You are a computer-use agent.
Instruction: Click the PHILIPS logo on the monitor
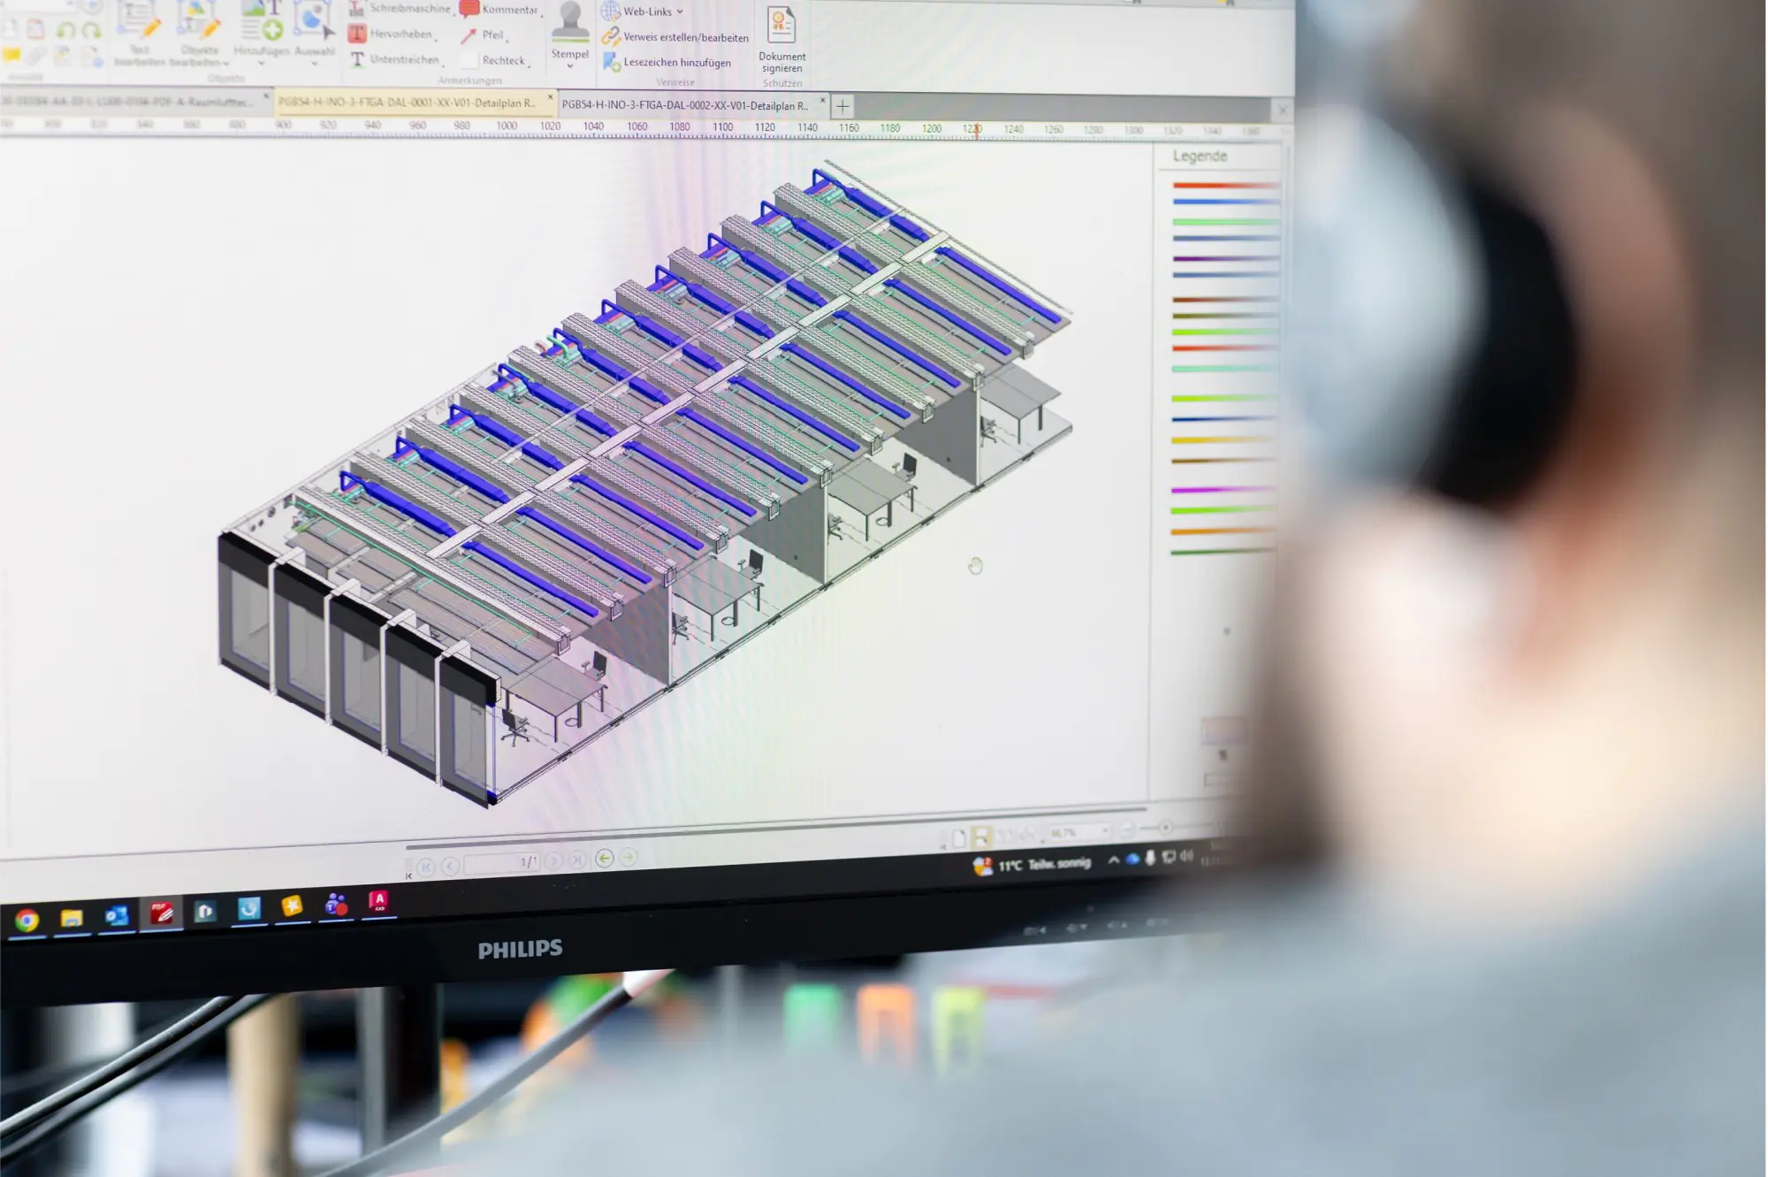520,950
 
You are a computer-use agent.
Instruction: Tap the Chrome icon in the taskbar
27,921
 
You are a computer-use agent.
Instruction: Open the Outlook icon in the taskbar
116,916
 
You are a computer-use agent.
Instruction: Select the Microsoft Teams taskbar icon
336,905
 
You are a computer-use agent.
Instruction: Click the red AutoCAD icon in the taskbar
378,901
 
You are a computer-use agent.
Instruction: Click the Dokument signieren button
781,39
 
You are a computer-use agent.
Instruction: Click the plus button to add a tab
842,107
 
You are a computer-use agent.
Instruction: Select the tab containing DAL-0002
685,105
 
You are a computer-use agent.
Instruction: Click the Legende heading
1200,157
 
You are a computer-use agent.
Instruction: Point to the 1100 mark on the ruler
722,127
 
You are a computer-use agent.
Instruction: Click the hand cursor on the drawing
975,566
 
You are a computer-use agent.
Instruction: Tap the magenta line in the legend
1223,489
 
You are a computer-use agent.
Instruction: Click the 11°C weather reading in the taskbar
1010,866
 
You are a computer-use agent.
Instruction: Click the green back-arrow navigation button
605,858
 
